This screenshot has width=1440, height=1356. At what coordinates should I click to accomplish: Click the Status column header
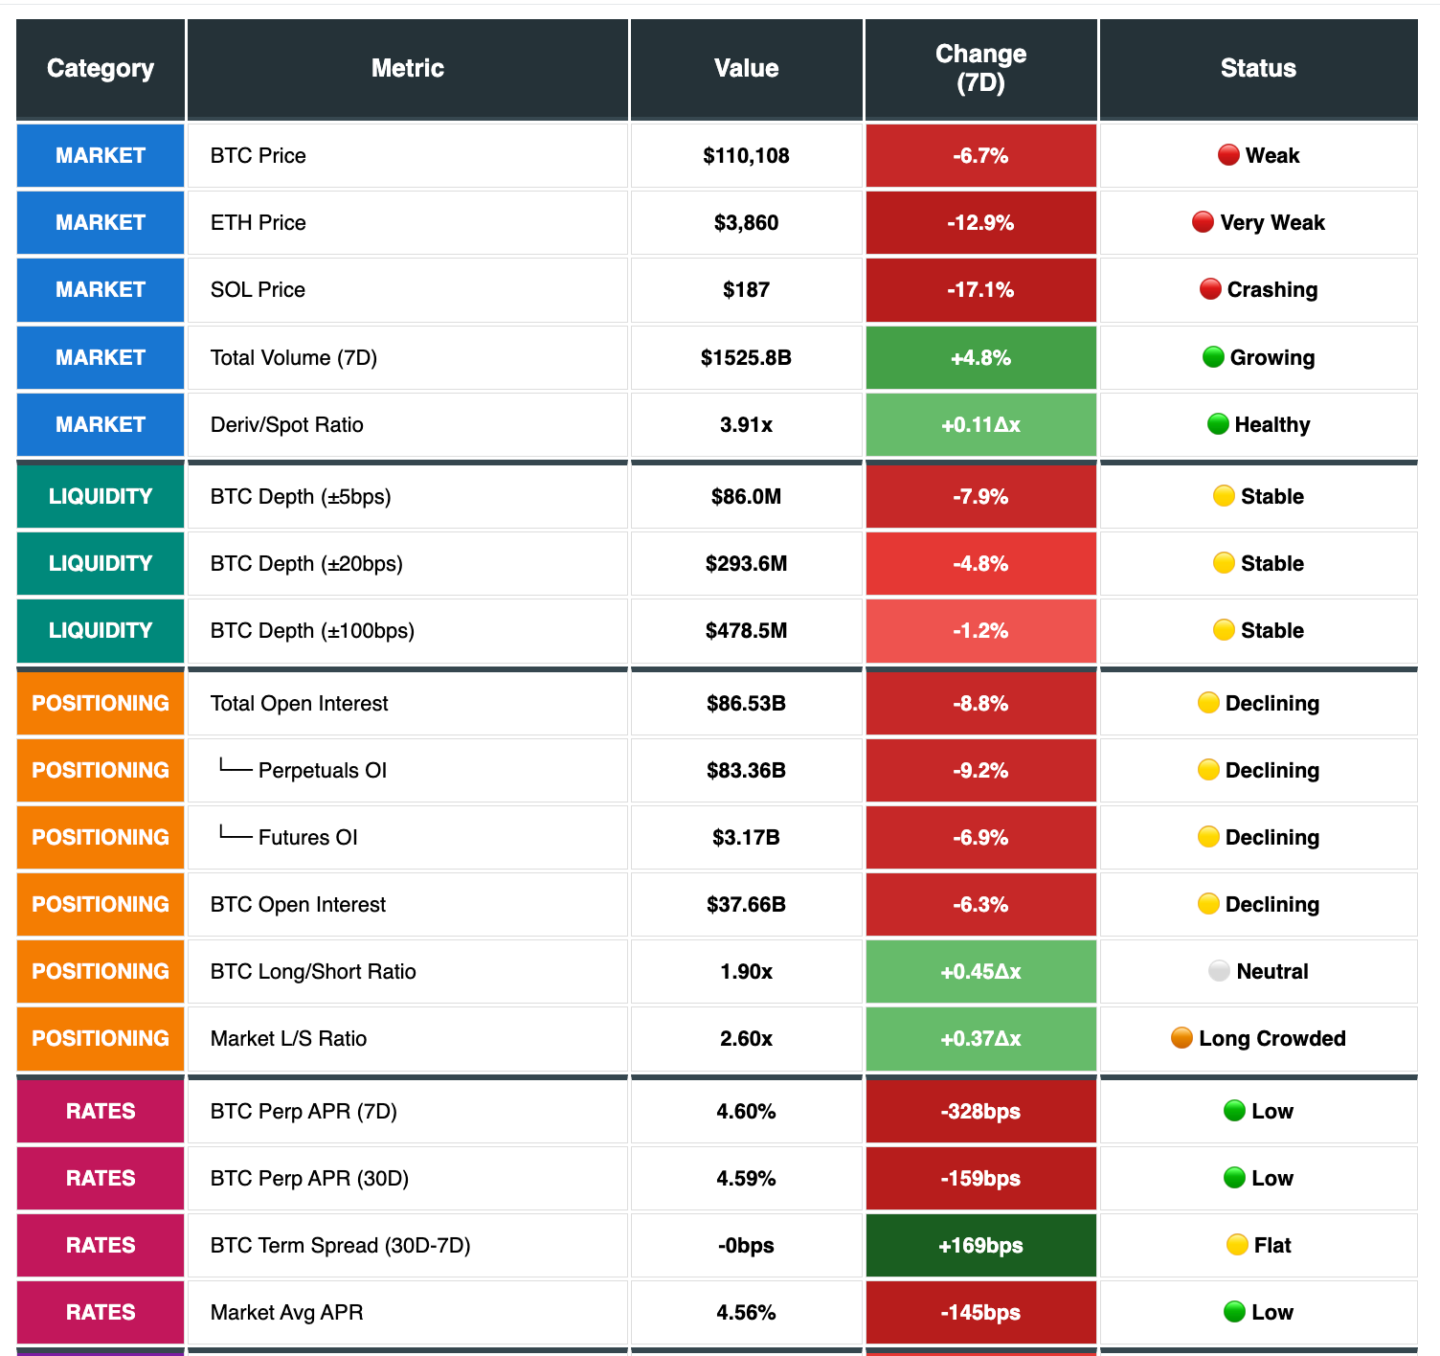coord(1258,68)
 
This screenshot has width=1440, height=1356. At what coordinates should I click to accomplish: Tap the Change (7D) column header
coord(980,68)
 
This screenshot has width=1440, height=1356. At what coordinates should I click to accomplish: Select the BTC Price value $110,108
coord(746,156)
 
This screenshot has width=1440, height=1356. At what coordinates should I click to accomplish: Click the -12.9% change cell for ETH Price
coord(980,223)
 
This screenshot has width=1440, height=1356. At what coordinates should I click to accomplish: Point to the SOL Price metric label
coord(258,290)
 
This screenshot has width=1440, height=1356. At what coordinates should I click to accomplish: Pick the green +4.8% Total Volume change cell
coord(980,358)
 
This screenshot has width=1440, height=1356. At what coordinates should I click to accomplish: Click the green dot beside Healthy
coord(1218,424)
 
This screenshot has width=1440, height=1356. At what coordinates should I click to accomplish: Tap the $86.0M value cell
coord(746,497)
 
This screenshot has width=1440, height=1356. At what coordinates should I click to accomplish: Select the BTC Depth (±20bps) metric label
coord(306,564)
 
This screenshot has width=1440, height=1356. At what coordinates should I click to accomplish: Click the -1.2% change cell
coord(980,631)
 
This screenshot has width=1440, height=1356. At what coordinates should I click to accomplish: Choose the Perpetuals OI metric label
coord(323,771)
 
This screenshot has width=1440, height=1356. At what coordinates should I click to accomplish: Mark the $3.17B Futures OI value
coord(746,838)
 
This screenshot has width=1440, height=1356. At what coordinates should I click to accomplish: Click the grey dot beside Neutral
coord(1219,971)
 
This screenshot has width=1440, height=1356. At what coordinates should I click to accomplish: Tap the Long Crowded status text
coord(1272,1039)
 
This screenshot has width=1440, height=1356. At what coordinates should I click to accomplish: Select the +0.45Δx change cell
coord(980,972)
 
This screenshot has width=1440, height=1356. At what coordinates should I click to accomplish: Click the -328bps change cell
coord(980,1112)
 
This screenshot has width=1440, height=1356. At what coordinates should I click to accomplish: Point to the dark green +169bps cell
coord(980,1246)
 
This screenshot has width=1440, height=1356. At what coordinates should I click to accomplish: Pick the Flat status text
coord(1272,1246)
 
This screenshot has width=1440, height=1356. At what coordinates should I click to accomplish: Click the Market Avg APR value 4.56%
coord(746,1313)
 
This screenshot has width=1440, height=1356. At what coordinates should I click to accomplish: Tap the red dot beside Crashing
coord(1210,289)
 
